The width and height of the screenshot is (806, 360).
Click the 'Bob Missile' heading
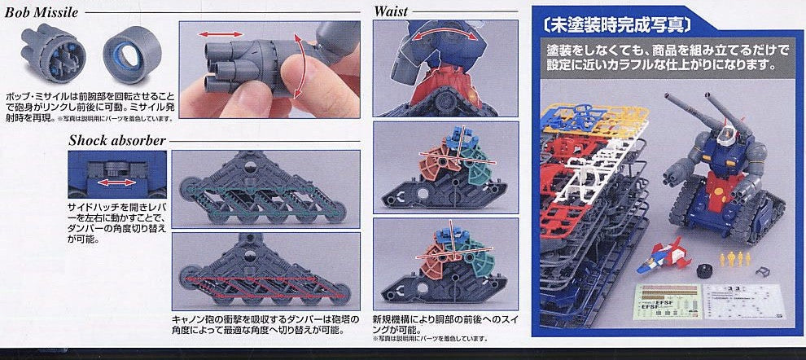[43, 13]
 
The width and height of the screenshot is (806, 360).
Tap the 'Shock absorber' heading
[105, 140]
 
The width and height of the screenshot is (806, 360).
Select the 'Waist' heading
[391, 12]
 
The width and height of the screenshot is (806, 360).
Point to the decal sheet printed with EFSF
[670, 309]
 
